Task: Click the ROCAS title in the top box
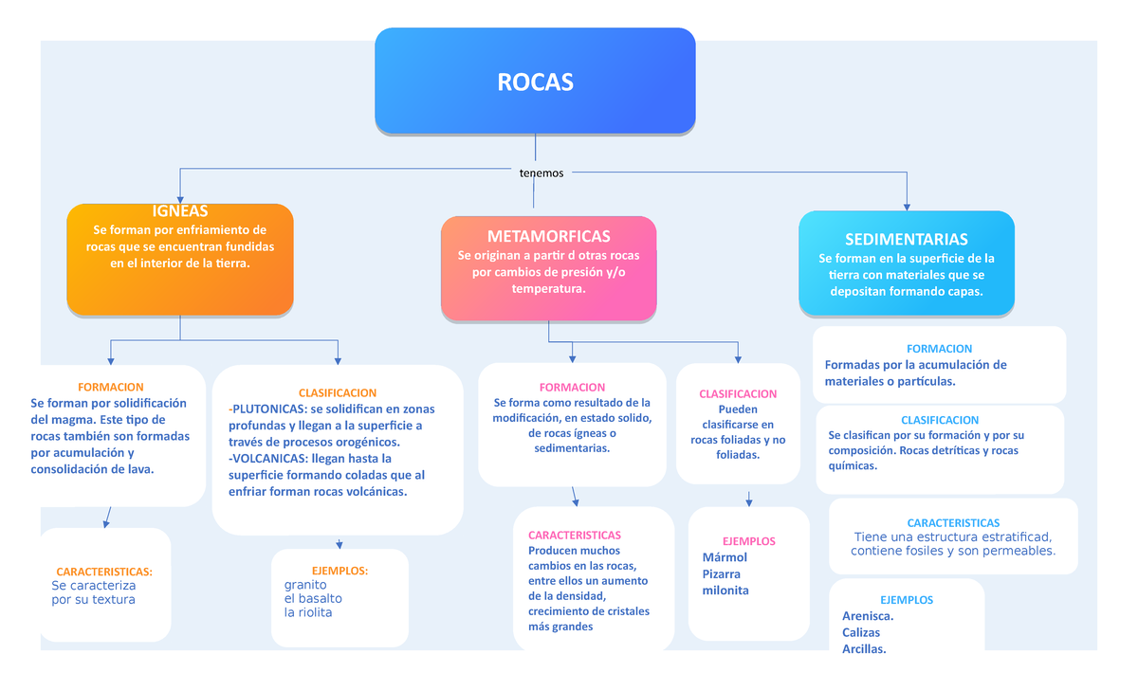(x=535, y=82)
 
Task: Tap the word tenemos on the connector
(x=541, y=173)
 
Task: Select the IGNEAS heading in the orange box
(x=180, y=210)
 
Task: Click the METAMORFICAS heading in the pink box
(x=548, y=236)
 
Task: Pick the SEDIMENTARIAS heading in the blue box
(x=906, y=239)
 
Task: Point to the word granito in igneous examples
(x=305, y=585)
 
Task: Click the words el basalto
(x=313, y=599)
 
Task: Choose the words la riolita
(x=308, y=612)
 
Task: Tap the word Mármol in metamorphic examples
(x=725, y=557)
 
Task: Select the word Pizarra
(x=722, y=573)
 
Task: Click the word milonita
(x=725, y=591)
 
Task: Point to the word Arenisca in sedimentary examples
(x=867, y=616)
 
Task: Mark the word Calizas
(x=861, y=632)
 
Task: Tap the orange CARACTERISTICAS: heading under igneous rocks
(x=104, y=573)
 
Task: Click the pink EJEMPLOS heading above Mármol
(x=749, y=541)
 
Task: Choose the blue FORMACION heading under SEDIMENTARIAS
(x=939, y=349)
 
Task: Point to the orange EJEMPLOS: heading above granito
(x=340, y=571)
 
